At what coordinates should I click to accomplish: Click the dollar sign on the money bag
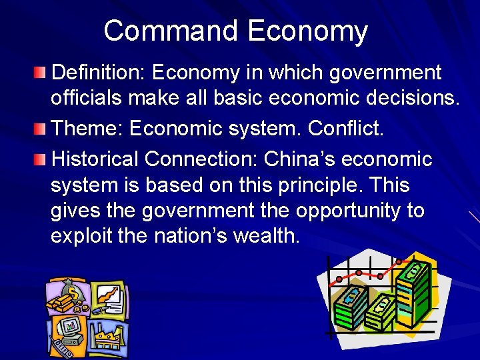pyautogui.click(x=71, y=292)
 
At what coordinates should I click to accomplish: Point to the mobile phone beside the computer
pyautogui.click(x=61, y=348)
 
